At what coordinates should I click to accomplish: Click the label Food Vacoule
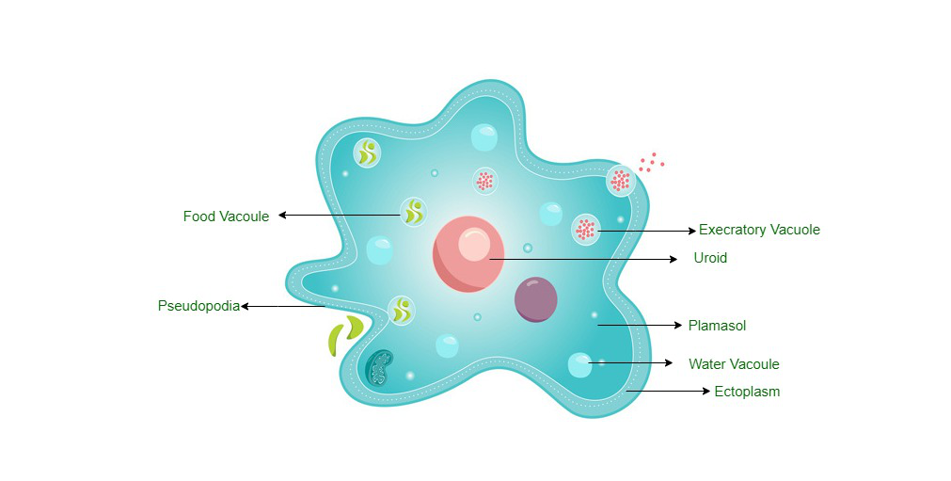pos(226,216)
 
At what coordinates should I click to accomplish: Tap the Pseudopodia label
pos(198,306)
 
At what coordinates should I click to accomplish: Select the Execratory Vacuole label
pos(759,230)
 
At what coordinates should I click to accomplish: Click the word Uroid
pos(710,258)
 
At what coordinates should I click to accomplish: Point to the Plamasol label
pos(717,326)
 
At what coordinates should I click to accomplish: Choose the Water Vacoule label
pos(734,364)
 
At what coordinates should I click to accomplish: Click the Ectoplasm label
pos(747,392)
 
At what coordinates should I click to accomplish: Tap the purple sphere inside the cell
pos(536,299)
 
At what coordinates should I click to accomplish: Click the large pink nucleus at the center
pos(468,254)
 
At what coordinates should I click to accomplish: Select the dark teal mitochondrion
pos(379,367)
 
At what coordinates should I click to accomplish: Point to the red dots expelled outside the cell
pos(651,162)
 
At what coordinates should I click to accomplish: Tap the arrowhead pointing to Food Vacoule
pos(282,216)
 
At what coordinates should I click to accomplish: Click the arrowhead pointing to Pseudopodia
pos(245,306)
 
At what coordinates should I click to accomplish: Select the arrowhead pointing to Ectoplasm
pos(706,392)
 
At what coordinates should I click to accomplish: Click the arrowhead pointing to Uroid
pos(674,259)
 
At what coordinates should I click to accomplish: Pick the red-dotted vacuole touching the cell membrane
pos(621,181)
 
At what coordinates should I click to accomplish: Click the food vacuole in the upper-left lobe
pos(367,152)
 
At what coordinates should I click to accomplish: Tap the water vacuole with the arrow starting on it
pos(579,364)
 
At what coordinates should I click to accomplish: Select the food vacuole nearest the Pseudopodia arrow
pos(401,310)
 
